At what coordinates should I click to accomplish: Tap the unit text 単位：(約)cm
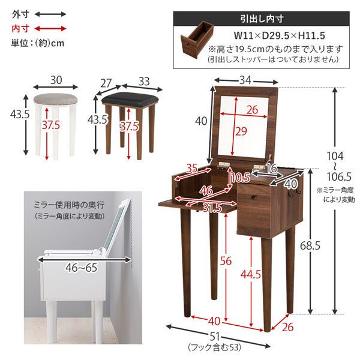pyautogui.click(x=37, y=43)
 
